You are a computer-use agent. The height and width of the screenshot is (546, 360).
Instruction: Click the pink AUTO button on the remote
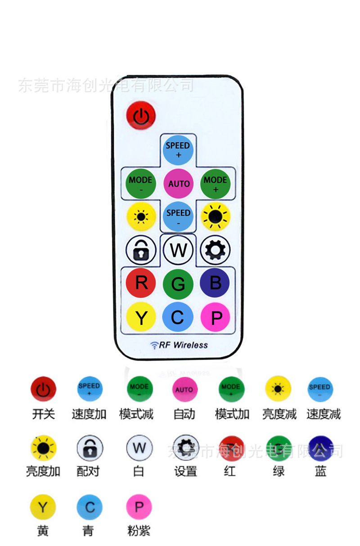(x=179, y=184)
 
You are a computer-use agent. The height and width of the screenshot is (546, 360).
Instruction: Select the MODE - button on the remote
(x=140, y=184)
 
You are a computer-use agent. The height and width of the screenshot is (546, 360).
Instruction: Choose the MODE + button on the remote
(x=215, y=184)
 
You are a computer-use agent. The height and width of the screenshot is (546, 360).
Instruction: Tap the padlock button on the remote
(x=141, y=250)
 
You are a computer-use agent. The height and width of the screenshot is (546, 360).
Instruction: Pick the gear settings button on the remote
(x=215, y=250)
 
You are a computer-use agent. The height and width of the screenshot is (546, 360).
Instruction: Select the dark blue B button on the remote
(x=215, y=283)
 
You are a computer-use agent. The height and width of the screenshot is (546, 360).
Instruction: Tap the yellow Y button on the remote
(x=141, y=317)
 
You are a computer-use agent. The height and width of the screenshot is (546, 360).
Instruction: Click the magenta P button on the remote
(x=215, y=317)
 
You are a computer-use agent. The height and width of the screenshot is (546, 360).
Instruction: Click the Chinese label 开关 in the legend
(x=43, y=414)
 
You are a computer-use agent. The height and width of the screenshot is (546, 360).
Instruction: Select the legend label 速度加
(x=89, y=414)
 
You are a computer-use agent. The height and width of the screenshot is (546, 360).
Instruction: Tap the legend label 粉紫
(x=139, y=531)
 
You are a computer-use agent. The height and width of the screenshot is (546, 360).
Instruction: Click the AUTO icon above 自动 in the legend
(x=184, y=389)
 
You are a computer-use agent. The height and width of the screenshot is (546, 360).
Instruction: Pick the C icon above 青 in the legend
(x=90, y=508)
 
